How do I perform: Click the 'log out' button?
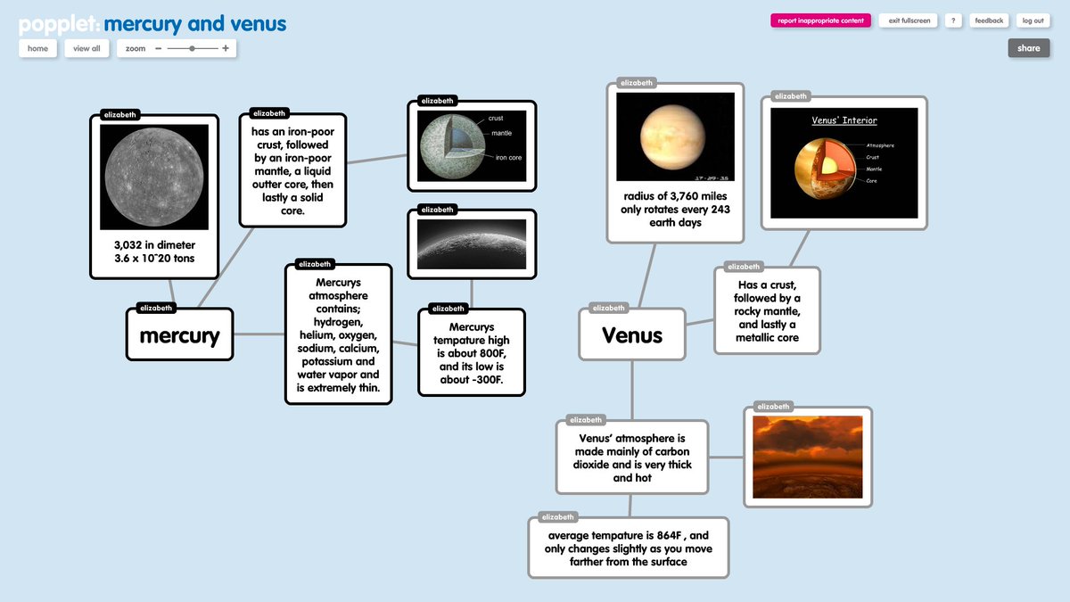point(1033,21)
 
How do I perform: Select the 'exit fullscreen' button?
point(907,21)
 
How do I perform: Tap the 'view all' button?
point(86,48)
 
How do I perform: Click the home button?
point(37,48)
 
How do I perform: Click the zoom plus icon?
point(226,48)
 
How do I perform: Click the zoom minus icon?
point(158,48)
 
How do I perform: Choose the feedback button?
point(989,21)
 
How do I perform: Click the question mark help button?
point(953,21)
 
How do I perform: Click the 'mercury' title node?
point(179,335)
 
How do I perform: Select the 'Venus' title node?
point(632,335)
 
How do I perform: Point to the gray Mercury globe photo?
point(154,176)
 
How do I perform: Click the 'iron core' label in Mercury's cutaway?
point(508,158)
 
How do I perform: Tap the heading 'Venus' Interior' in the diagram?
point(844,120)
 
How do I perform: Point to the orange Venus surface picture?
point(807,457)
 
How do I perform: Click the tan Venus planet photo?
point(675,136)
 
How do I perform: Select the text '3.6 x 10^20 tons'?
point(154,259)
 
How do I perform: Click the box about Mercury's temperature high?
point(472,352)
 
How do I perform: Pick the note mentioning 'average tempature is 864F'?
point(629,548)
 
